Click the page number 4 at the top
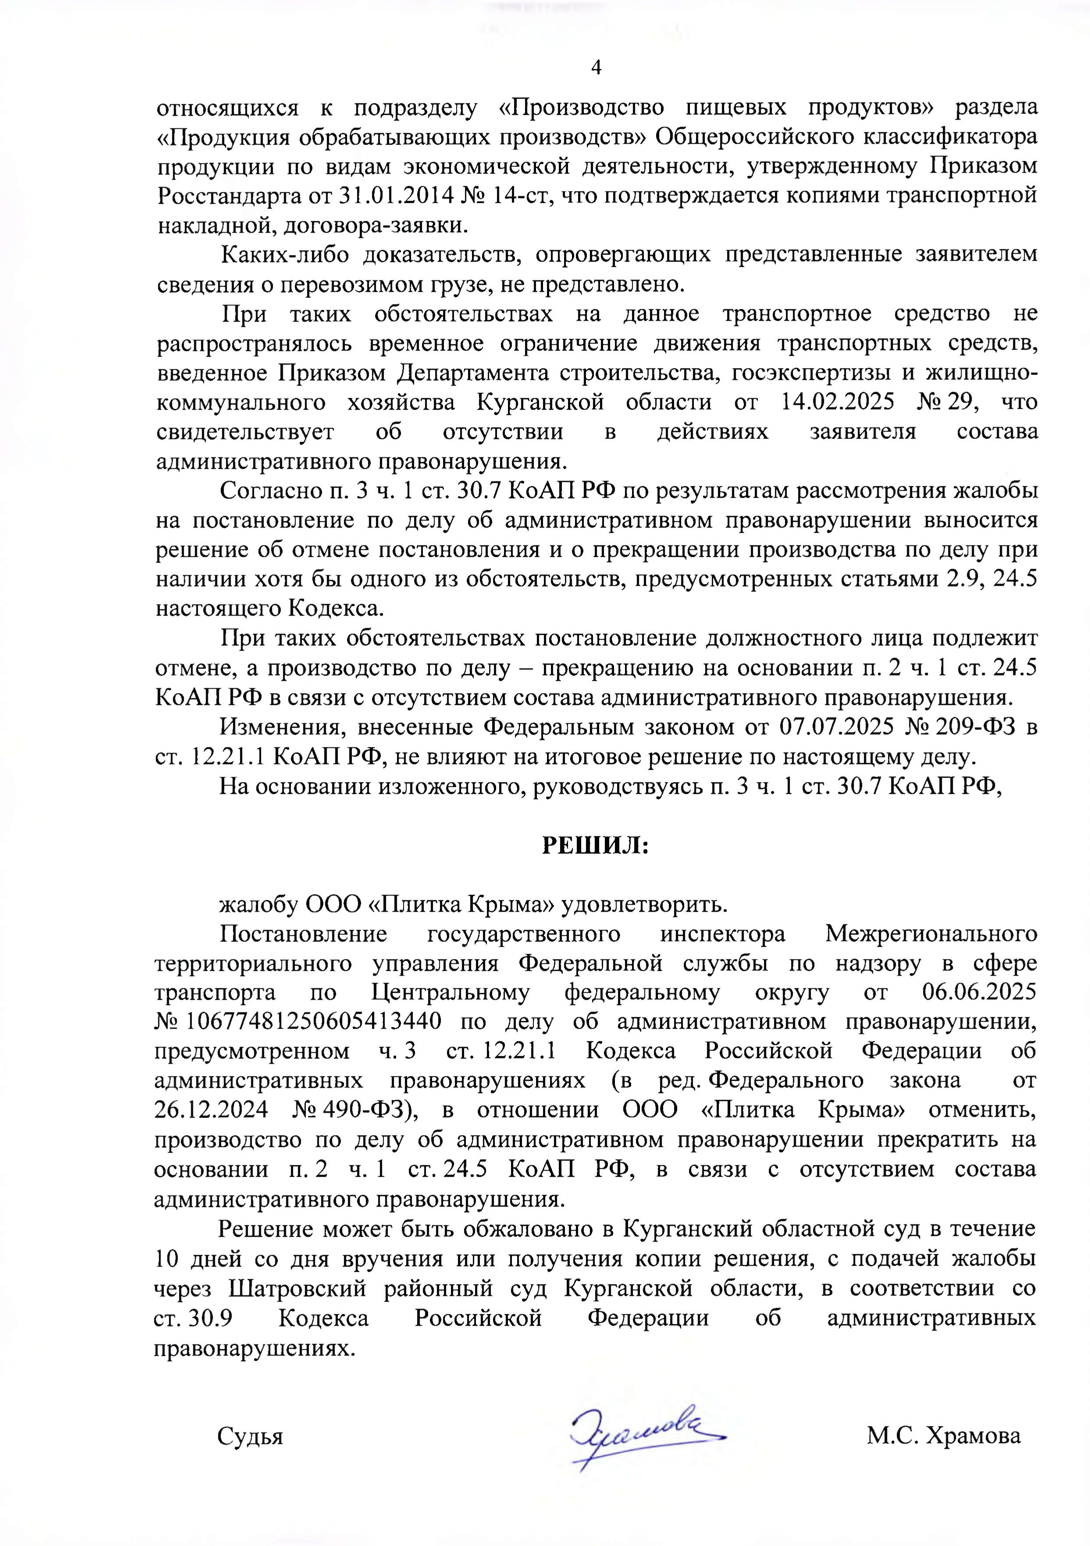point(596,67)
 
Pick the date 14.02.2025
point(838,403)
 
